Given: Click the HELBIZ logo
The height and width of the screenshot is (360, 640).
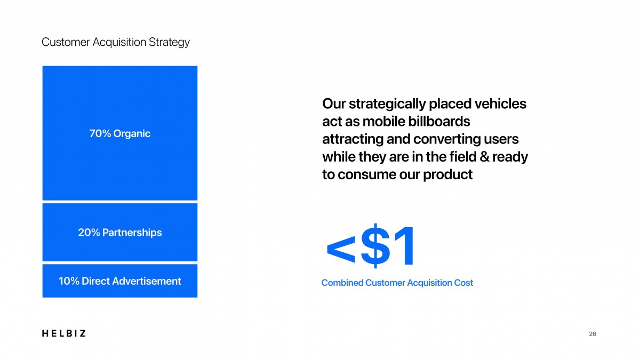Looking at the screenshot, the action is coord(63,333).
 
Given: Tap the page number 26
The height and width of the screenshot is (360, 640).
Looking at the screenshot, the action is coord(593,334).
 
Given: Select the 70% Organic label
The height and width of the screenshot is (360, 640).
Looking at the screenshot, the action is coord(119,133).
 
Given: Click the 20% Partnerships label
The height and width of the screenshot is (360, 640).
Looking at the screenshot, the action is coord(119,233).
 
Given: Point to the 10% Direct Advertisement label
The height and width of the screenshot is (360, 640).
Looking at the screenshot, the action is coord(119,281).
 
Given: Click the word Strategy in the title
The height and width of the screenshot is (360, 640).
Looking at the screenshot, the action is coord(169,42).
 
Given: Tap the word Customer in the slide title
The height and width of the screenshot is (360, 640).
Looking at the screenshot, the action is coord(66,42).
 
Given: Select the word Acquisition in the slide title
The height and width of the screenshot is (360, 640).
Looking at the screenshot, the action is coord(119,42).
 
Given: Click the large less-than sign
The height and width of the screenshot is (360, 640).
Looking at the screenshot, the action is coord(341,250).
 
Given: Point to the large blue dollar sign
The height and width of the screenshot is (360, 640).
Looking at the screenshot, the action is coord(375,246).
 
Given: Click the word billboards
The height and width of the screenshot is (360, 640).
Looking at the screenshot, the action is coord(439,122).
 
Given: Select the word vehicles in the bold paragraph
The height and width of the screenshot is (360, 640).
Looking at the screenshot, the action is coord(500,103).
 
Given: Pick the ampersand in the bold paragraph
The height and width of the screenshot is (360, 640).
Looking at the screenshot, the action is coord(484,157).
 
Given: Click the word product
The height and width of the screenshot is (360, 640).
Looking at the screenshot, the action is coord(447,174).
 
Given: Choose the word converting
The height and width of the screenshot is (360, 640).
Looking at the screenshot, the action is coord(446,139).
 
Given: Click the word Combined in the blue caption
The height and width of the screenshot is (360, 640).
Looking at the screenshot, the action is coord(342,283).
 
